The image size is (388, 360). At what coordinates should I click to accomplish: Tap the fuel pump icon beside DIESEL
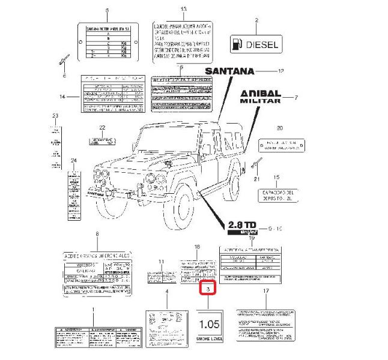(x=238, y=44)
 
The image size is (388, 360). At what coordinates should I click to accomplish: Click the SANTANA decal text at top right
(x=231, y=71)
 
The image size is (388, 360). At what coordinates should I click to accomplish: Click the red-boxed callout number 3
(x=208, y=290)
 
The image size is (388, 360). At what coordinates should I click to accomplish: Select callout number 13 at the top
(x=184, y=10)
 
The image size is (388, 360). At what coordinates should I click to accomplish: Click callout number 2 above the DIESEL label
(x=256, y=20)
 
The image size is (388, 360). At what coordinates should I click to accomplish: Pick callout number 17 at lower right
(x=265, y=291)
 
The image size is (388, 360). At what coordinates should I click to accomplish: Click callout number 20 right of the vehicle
(x=279, y=128)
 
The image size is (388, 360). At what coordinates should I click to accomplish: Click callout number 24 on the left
(x=74, y=161)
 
